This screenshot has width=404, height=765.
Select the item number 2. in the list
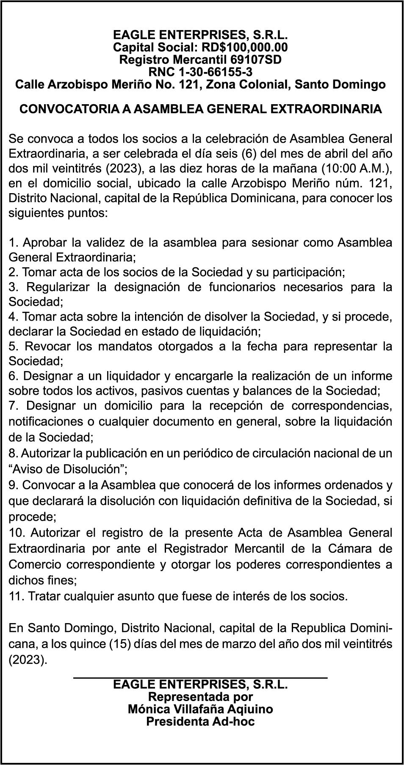pos(13,272)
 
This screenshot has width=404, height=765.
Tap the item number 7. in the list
pos(13,406)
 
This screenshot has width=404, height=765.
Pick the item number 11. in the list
pos(16,596)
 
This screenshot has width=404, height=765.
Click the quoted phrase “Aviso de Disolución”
pos(68,469)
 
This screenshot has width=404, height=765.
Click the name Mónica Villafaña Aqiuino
pos(200,709)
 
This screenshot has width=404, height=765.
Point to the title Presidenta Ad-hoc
pos(200,721)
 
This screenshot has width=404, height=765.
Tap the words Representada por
pos(200,696)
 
